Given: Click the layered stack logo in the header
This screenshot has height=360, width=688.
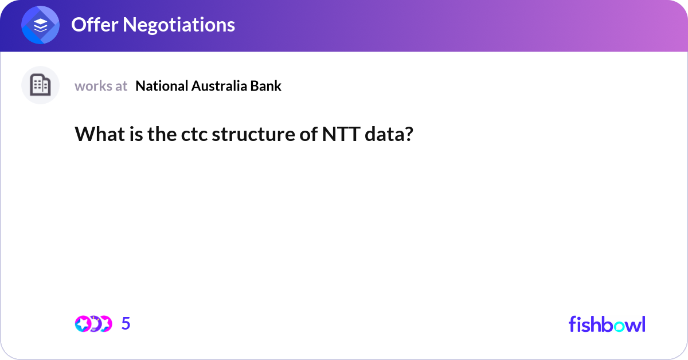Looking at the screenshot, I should point(41,25).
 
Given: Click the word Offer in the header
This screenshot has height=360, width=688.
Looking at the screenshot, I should point(93,25).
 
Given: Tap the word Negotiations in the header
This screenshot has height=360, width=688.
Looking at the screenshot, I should point(178,25).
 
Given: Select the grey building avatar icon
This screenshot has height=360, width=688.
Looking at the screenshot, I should point(41,85).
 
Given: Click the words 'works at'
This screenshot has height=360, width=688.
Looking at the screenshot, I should point(101,86).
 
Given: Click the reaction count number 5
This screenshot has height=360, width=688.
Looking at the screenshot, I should point(126,324).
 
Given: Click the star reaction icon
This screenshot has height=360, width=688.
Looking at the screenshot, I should point(83,324).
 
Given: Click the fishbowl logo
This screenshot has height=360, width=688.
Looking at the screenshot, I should point(607,324).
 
